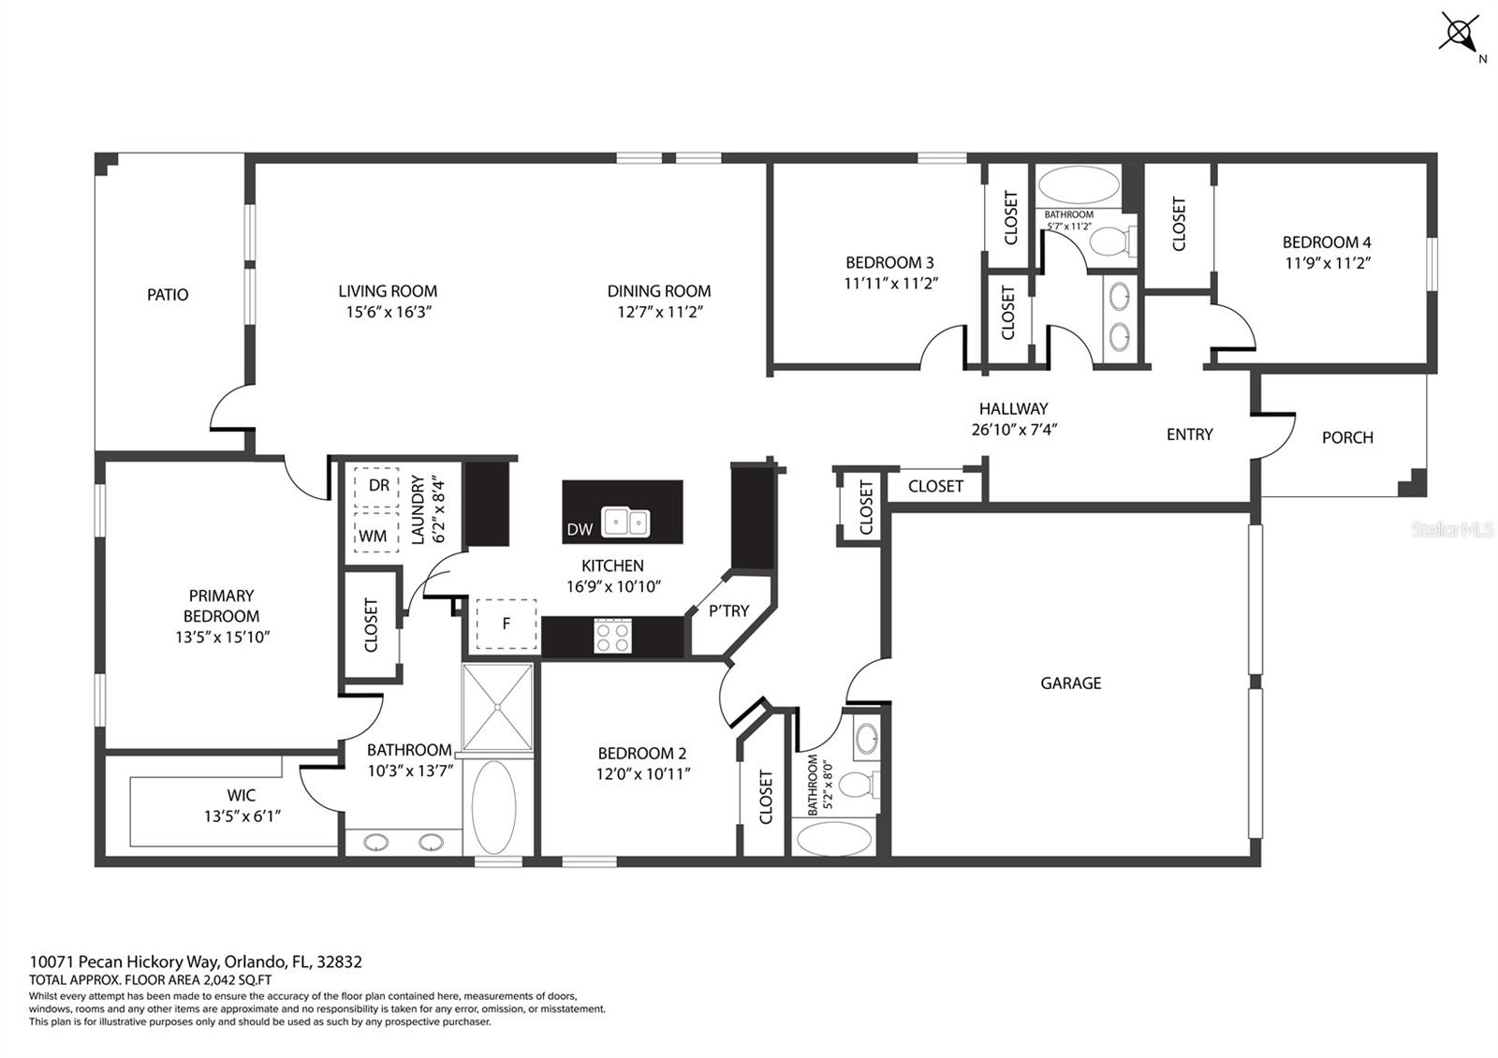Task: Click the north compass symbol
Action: click(1459, 34)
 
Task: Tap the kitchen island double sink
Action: click(625, 522)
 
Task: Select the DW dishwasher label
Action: click(580, 529)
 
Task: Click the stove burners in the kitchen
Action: click(613, 637)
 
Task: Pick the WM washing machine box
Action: click(374, 536)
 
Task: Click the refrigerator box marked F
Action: click(506, 623)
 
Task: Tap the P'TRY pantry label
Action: click(728, 610)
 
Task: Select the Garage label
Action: click(1070, 683)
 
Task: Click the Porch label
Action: click(1347, 437)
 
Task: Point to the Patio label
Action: click(168, 295)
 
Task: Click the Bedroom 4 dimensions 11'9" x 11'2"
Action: click(1327, 263)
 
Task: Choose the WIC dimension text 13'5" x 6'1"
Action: click(242, 816)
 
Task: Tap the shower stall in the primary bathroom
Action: click(498, 708)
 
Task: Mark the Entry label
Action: click(1189, 434)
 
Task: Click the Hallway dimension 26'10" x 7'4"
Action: click(1014, 430)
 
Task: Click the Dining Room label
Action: click(659, 291)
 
